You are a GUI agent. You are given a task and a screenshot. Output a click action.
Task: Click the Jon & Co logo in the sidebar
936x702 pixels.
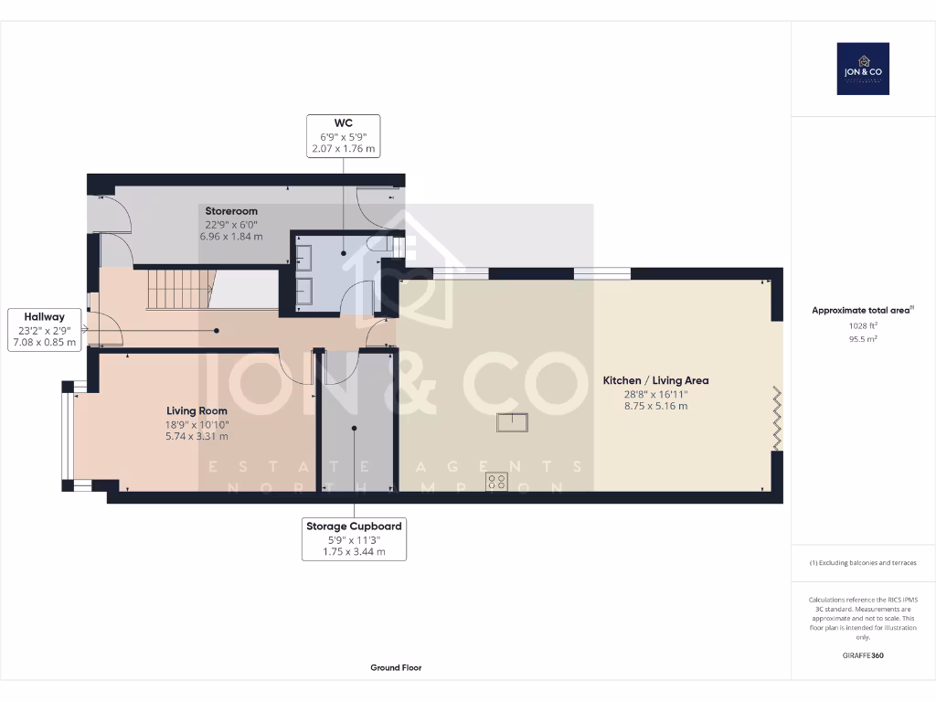pos(863,69)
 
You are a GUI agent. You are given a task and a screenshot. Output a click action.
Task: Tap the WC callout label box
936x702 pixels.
pos(344,136)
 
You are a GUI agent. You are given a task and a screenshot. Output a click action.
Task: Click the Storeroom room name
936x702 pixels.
pos(231,211)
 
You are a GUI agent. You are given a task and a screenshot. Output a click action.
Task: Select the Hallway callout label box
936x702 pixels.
pos(44,329)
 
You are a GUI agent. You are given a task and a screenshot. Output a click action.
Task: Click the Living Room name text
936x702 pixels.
pos(197,410)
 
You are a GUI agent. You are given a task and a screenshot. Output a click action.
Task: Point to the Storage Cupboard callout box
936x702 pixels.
pos(354,539)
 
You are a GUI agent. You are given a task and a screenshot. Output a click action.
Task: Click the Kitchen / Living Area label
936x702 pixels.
pos(656,380)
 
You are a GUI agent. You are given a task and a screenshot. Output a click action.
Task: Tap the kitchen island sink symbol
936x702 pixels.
pos(512,422)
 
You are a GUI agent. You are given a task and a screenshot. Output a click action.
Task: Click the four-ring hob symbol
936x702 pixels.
pos(496,481)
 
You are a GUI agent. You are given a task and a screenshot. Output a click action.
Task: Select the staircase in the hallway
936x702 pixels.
pos(180,290)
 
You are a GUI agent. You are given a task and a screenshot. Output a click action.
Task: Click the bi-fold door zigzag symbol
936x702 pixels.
pos(777,418)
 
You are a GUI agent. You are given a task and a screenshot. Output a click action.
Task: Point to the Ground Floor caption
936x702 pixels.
pos(396,667)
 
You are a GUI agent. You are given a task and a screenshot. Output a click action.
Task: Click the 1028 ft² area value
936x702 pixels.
pos(863,325)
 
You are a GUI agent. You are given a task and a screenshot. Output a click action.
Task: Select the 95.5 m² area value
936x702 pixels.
pos(863,338)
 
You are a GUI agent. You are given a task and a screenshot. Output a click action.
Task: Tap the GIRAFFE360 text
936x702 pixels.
pos(863,654)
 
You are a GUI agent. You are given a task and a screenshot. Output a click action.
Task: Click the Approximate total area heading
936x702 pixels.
pos(863,310)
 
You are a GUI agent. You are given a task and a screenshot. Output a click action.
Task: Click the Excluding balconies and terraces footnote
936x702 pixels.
pos(863,562)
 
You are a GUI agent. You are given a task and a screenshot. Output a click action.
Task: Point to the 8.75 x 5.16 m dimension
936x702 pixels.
pos(656,406)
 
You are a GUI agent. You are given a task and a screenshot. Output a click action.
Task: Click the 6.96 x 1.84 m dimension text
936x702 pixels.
pos(231,237)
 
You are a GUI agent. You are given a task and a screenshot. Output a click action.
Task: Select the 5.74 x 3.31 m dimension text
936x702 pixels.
pos(197,436)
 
